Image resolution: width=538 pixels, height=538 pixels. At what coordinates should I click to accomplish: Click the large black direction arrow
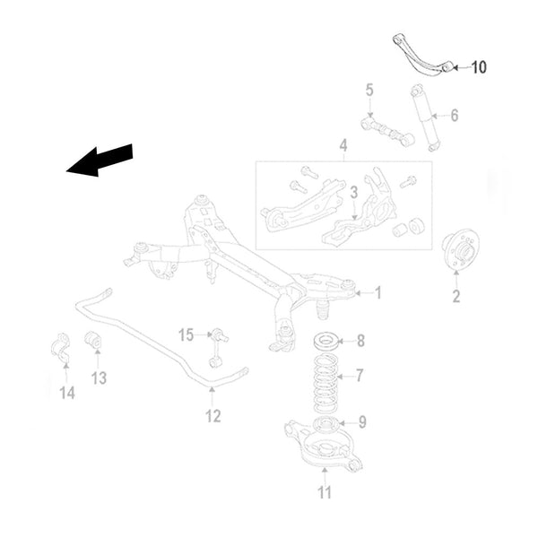(x=100, y=161)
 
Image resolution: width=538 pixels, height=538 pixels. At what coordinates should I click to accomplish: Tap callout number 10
(x=478, y=67)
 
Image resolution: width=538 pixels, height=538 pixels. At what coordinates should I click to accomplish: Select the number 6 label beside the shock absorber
(x=454, y=115)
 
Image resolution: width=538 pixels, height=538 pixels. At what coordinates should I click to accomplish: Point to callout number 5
(x=369, y=90)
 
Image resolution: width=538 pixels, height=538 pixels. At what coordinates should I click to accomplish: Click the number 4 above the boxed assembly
(x=343, y=144)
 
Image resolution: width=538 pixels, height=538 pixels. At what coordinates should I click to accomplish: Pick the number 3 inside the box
(x=353, y=192)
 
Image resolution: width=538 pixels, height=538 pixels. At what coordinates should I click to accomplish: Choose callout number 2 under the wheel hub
(x=456, y=297)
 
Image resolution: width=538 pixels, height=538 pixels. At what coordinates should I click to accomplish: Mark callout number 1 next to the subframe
(x=377, y=292)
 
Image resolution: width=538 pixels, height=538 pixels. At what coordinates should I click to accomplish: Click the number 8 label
(x=360, y=341)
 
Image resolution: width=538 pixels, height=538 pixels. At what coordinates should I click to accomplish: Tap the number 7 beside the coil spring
(x=360, y=375)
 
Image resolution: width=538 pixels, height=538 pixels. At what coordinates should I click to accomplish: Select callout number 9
(x=361, y=421)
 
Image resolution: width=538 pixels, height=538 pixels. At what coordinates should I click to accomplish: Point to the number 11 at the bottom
(x=325, y=491)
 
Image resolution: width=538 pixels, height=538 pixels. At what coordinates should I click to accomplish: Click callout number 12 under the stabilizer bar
(x=212, y=415)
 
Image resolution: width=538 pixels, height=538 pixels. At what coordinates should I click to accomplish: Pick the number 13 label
(x=99, y=377)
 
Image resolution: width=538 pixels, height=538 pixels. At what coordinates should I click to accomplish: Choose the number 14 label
(x=67, y=392)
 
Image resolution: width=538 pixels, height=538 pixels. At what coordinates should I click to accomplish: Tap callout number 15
(x=186, y=335)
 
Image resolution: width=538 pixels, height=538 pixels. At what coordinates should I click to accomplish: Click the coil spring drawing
(x=325, y=382)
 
